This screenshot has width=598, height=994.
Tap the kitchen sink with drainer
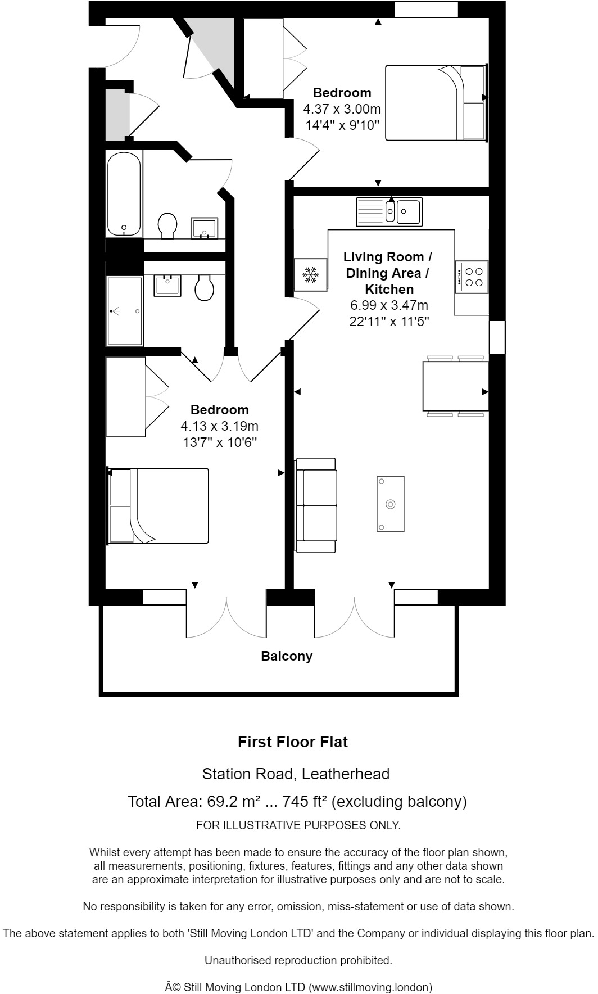389,212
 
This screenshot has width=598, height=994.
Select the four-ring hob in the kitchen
472,277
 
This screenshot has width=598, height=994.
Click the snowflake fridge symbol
311,274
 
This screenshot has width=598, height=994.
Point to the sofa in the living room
316,505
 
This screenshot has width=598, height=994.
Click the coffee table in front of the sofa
391,504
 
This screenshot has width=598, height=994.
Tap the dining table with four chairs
456,386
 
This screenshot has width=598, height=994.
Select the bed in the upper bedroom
436,102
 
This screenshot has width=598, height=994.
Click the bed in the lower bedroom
157,506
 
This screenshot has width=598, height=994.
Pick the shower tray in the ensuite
125,311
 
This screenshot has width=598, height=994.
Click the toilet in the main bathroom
167,225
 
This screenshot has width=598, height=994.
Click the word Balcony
287,656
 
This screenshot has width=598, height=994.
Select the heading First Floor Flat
293,742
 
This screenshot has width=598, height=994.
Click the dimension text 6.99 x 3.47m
389,305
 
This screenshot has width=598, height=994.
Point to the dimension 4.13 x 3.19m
219,426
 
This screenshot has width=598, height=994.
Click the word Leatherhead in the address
346,774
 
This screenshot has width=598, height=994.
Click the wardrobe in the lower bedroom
126,397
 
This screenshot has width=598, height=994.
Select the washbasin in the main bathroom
205,228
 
